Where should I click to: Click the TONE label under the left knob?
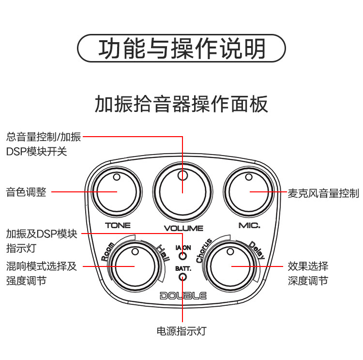[x=118, y=225]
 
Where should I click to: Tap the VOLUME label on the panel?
[x=183, y=228]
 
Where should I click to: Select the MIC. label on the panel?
[x=250, y=225]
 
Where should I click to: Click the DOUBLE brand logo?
[x=183, y=296]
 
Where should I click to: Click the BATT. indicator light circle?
[x=183, y=277]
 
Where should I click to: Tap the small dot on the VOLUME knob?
[x=182, y=175]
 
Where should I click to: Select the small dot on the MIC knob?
[x=249, y=177]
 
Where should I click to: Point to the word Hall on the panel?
[x=162, y=253]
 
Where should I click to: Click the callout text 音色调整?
[x=26, y=192]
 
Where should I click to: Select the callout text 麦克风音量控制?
[x=323, y=193]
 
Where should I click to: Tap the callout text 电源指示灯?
[x=182, y=331]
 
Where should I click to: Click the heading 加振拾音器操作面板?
[x=181, y=104]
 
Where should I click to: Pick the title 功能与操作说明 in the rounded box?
[x=182, y=49]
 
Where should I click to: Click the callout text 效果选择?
[x=308, y=266]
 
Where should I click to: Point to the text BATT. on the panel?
[x=183, y=268]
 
